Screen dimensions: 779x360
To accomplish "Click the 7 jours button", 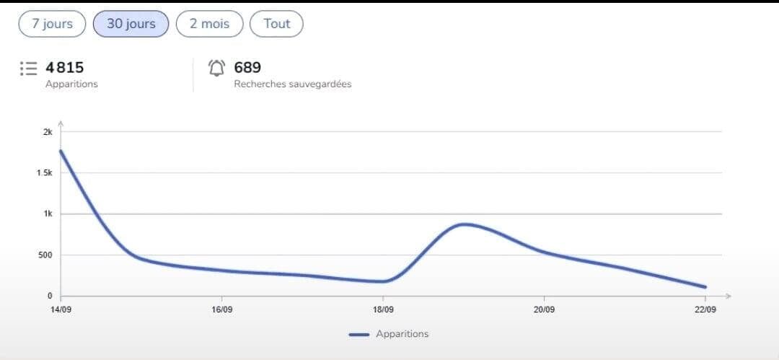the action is pos(52,24).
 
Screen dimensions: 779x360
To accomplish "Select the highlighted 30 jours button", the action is pos(131,24).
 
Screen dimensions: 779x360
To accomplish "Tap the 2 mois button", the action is pos(210,24).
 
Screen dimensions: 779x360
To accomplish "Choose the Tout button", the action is pos(276,24).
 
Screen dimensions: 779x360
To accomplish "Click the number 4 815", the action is pos(65,68).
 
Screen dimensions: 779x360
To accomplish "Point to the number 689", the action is pos(247,68).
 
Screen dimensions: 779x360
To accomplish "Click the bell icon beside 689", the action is pos(216,68).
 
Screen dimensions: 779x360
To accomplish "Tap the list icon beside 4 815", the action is pos(28,68).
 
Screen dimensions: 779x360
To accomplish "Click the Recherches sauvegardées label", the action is pos(293,84).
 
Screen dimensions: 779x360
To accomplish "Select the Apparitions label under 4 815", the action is pos(71,84).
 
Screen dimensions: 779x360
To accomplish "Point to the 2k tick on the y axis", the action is pos(48,132).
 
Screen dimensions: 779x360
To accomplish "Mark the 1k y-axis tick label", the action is pos(48,214).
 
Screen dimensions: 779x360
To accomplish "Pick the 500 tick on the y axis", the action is pos(45,255).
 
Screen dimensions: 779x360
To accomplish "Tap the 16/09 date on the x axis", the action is pos(221,309).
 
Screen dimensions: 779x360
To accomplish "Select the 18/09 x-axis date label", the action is pos(383,309).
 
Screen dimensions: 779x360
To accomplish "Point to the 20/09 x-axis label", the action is pos(544,309).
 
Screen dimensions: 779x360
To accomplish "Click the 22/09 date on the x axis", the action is pos(705,309).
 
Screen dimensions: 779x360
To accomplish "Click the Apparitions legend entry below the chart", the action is pos(389,334).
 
